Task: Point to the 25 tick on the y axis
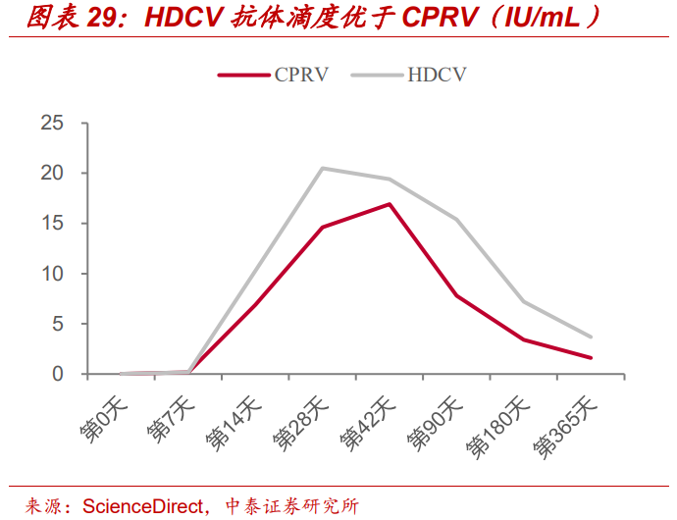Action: (x=52, y=123)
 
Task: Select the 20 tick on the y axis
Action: (x=52, y=173)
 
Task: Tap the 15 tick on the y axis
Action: (x=52, y=224)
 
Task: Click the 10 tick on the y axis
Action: (x=52, y=274)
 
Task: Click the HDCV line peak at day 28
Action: (x=322, y=168)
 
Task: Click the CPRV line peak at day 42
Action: (x=390, y=204)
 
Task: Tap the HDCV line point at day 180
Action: (x=524, y=301)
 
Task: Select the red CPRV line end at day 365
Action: (x=591, y=358)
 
